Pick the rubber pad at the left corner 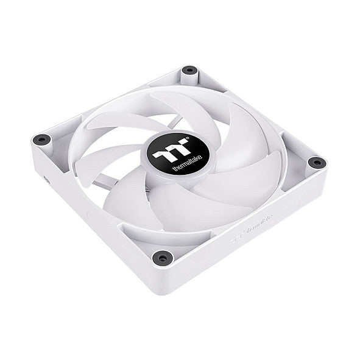pos(41,139)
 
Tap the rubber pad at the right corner pos(316,162)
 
